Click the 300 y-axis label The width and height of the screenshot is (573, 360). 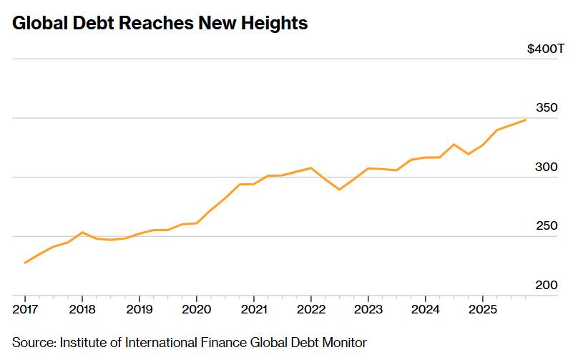pyautogui.click(x=546, y=167)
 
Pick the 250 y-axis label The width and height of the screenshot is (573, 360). pyautogui.click(x=546, y=225)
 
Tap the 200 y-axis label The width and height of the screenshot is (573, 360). pyautogui.click(x=546, y=285)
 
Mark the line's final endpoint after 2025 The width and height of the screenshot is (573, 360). pyautogui.click(x=526, y=120)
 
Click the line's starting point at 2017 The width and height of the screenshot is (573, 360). pyautogui.click(x=25, y=263)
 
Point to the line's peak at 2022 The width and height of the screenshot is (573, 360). pyautogui.click(x=310, y=167)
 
